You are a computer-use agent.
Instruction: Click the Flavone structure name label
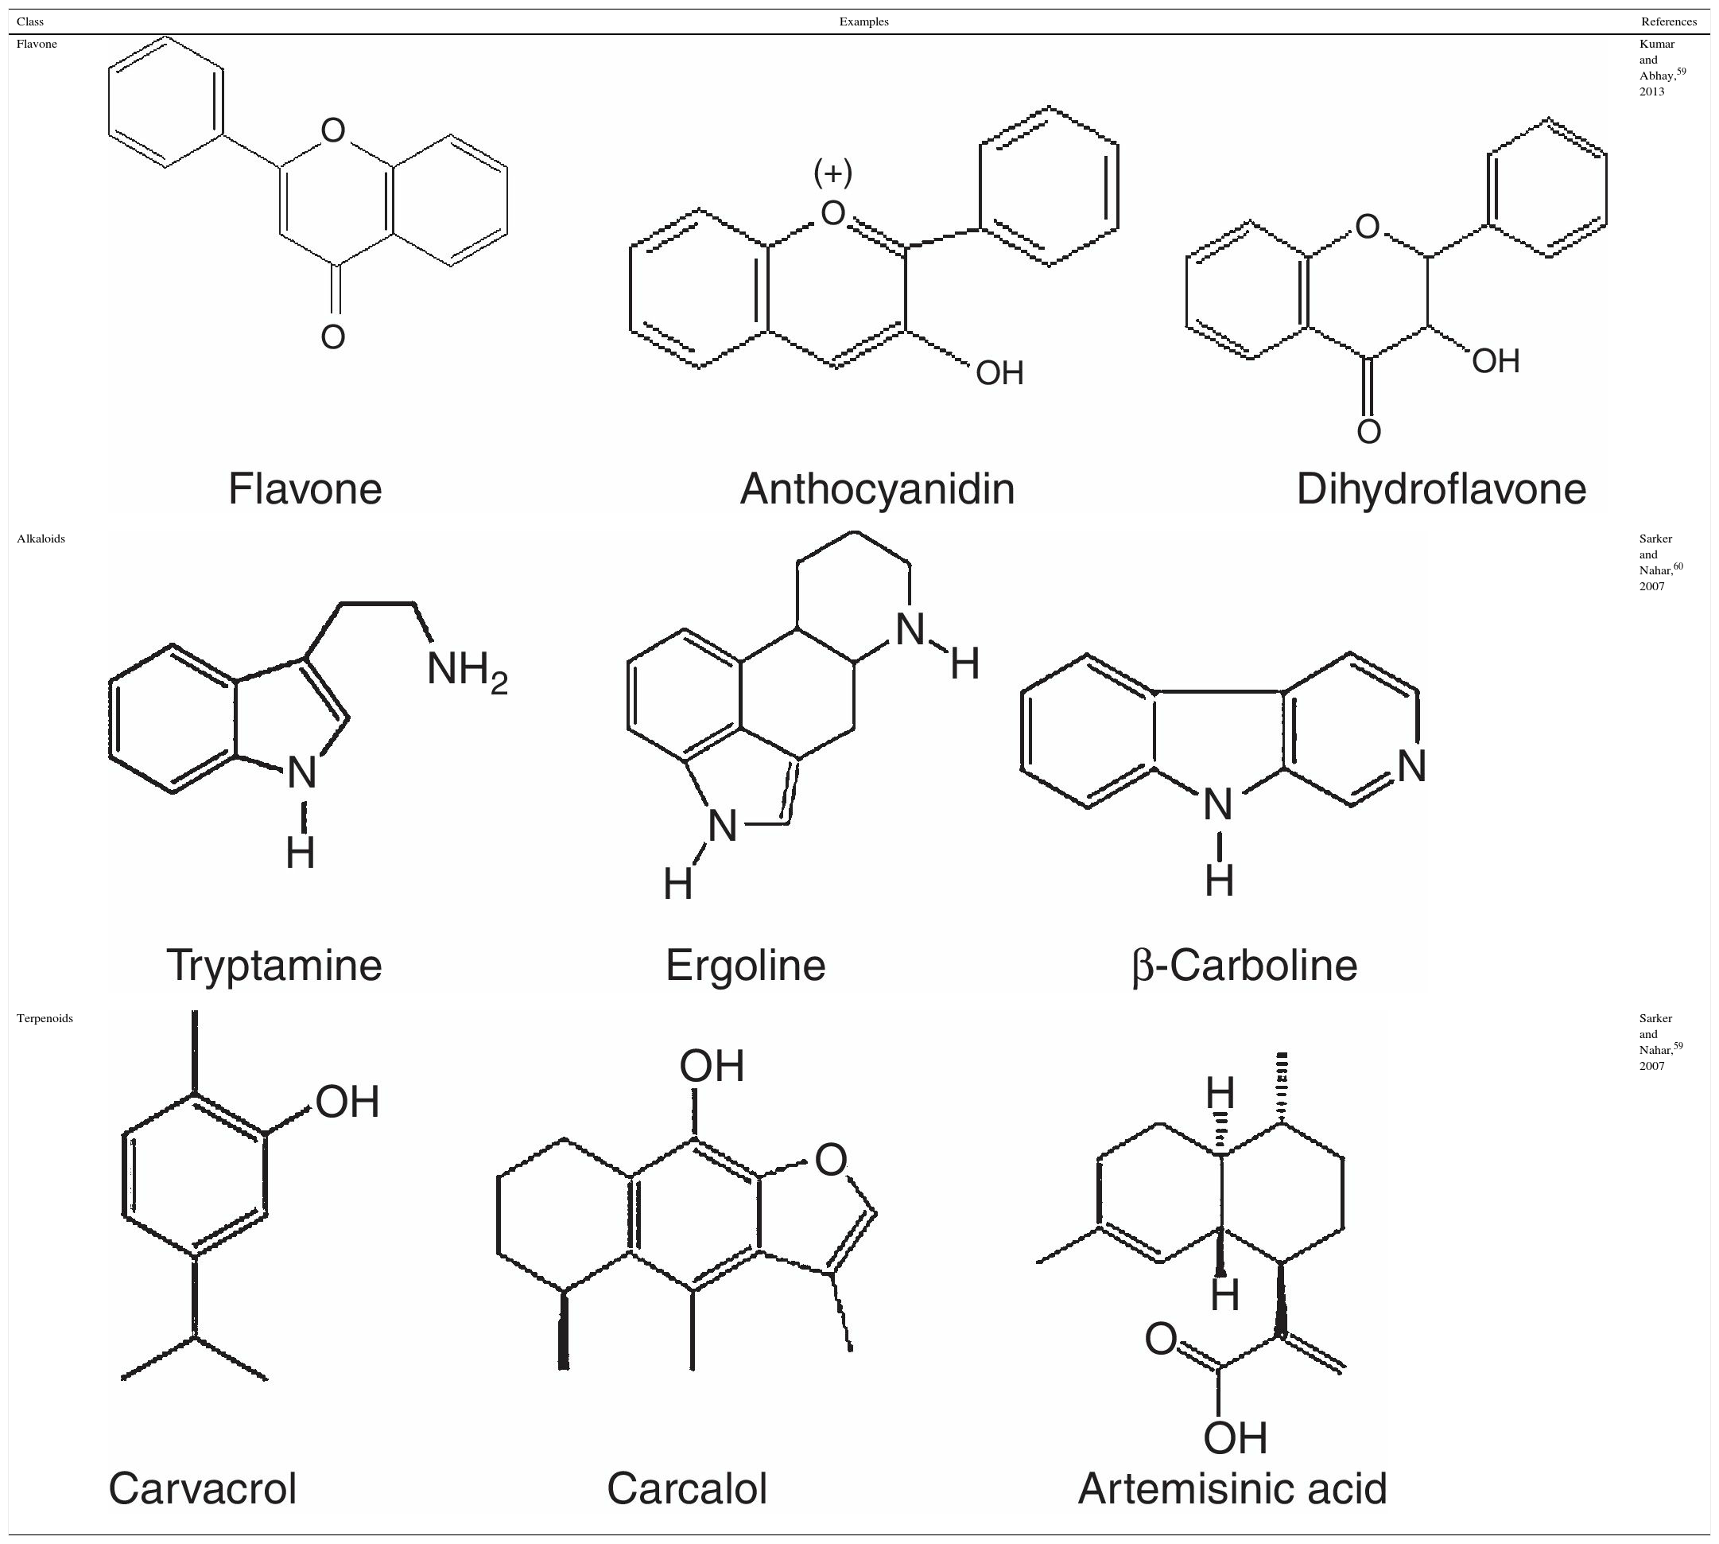point(305,489)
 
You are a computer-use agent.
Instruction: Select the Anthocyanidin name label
point(877,489)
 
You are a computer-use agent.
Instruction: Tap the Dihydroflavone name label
point(1441,489)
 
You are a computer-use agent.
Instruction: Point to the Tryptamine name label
point(274,966)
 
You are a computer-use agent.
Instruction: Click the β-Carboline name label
point(1244,966)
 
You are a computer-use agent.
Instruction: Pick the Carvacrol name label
point(203,1489)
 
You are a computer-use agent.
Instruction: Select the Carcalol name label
point(687,1489)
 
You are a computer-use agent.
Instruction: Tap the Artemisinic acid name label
point(1232,1489)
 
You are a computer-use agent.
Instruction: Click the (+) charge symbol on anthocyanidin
point(832,173)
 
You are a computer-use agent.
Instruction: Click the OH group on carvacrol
point(347,1102)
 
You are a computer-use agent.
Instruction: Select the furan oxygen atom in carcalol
point(830,1160)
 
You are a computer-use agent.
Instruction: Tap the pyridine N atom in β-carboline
point(1411,766)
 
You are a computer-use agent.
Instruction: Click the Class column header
point(30,21)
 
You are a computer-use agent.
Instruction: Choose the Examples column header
point(863,21)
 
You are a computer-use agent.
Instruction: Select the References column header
point(1668,21)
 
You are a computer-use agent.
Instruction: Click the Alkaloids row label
point(41,539)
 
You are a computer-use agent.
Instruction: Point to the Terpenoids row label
point(45,1018)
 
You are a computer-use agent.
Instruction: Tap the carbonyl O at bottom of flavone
point(333,336)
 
